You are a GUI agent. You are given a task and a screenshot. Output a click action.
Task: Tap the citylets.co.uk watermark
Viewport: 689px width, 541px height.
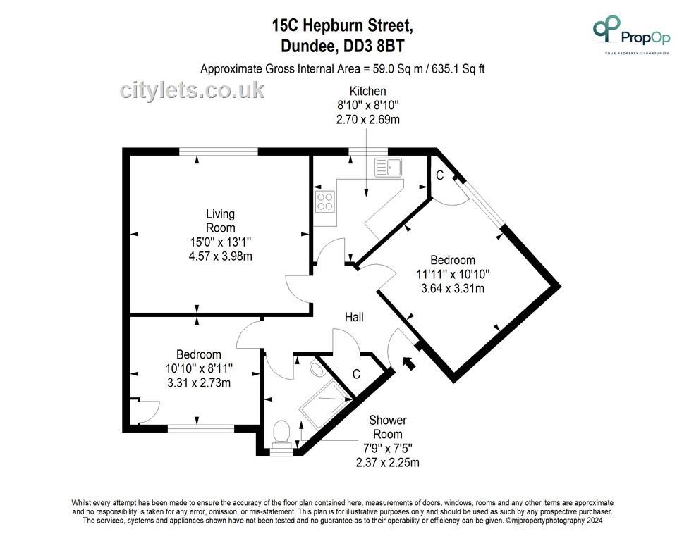click(192, 90)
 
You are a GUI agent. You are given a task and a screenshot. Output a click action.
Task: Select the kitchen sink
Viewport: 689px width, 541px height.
click(388, 167)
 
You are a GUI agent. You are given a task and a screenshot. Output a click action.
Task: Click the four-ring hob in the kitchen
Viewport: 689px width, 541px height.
click(324, 201)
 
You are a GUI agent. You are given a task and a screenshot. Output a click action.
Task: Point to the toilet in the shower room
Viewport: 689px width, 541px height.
click(281, 433)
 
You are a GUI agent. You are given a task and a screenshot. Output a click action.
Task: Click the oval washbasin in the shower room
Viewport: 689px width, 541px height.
click(316, 369)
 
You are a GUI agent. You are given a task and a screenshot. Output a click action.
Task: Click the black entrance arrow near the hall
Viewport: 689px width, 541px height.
click(408, 363)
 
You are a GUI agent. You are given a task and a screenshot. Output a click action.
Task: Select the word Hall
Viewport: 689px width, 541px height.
click(354, 317)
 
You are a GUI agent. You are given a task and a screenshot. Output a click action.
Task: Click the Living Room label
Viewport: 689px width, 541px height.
click(221, 220)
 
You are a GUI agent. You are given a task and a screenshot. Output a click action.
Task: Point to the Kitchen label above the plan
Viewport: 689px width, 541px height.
click(368, 91)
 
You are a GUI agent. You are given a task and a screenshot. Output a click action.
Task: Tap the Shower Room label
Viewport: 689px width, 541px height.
click(388, 427)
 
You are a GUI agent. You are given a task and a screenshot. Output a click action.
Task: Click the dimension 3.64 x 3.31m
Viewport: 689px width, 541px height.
click(453, 288)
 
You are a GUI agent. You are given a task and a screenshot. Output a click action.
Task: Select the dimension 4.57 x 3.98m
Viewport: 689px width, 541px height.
click(221, 256)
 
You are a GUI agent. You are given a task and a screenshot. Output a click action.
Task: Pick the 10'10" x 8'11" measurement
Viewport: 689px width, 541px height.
click(199, 368)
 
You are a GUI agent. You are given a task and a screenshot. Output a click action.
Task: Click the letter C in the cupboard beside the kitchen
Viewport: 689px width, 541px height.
click(439, 175)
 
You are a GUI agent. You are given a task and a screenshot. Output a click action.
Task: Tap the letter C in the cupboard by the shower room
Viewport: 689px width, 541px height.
click(356, 374)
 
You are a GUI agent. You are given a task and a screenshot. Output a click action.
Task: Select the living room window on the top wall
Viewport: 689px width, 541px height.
click(219, 152)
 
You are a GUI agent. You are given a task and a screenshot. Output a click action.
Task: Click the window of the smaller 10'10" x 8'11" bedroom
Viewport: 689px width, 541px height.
click(201, 429)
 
